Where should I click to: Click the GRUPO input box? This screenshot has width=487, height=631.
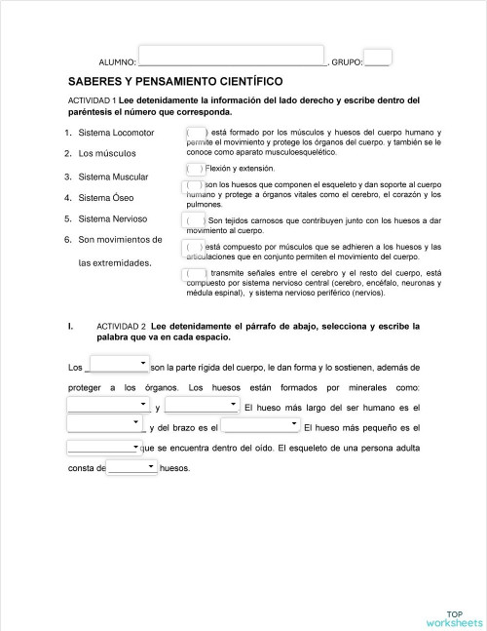pyautogui.click(x=378, y=58)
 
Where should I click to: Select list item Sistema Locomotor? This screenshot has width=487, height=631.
pyautogui.click(x=116, y=133)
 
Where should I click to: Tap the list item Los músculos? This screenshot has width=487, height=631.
pyautogui.click(x=107, y=154)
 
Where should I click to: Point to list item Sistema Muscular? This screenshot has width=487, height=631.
pyautogui.click(x=113, y=177)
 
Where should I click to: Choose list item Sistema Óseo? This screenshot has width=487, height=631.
pyautogui.click(x=106, y=198)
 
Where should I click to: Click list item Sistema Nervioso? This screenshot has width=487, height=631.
pyautogui.click(x=113, y=218)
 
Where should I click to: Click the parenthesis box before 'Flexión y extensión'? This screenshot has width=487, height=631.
pyautogui.click(x=195, y=169)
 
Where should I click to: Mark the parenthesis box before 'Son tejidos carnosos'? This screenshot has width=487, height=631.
pyautogui.click(x=195, y=221)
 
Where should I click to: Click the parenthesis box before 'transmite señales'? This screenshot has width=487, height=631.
pyautogui.click(x=195, y=274)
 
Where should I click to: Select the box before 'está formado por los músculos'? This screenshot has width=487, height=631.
pyautogui.click(x=195, y=133)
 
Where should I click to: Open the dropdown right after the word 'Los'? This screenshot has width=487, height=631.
pyautogui.click(x=117, y=366)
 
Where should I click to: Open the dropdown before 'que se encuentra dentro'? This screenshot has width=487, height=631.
pyautogui.click(x=104, y=448)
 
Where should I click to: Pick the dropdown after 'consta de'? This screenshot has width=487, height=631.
pyautogui.click(x=131, y=467)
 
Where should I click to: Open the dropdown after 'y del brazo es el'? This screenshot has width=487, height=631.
pyautogui.click(x=260, y=425)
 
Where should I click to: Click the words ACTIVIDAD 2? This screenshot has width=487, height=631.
pyautogui.click(x=121, y=327)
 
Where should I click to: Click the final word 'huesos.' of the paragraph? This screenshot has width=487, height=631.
pyautogui.click(x=174, y=468)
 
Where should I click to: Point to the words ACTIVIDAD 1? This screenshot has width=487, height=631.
pyautogui.click(x=93, y=100)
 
